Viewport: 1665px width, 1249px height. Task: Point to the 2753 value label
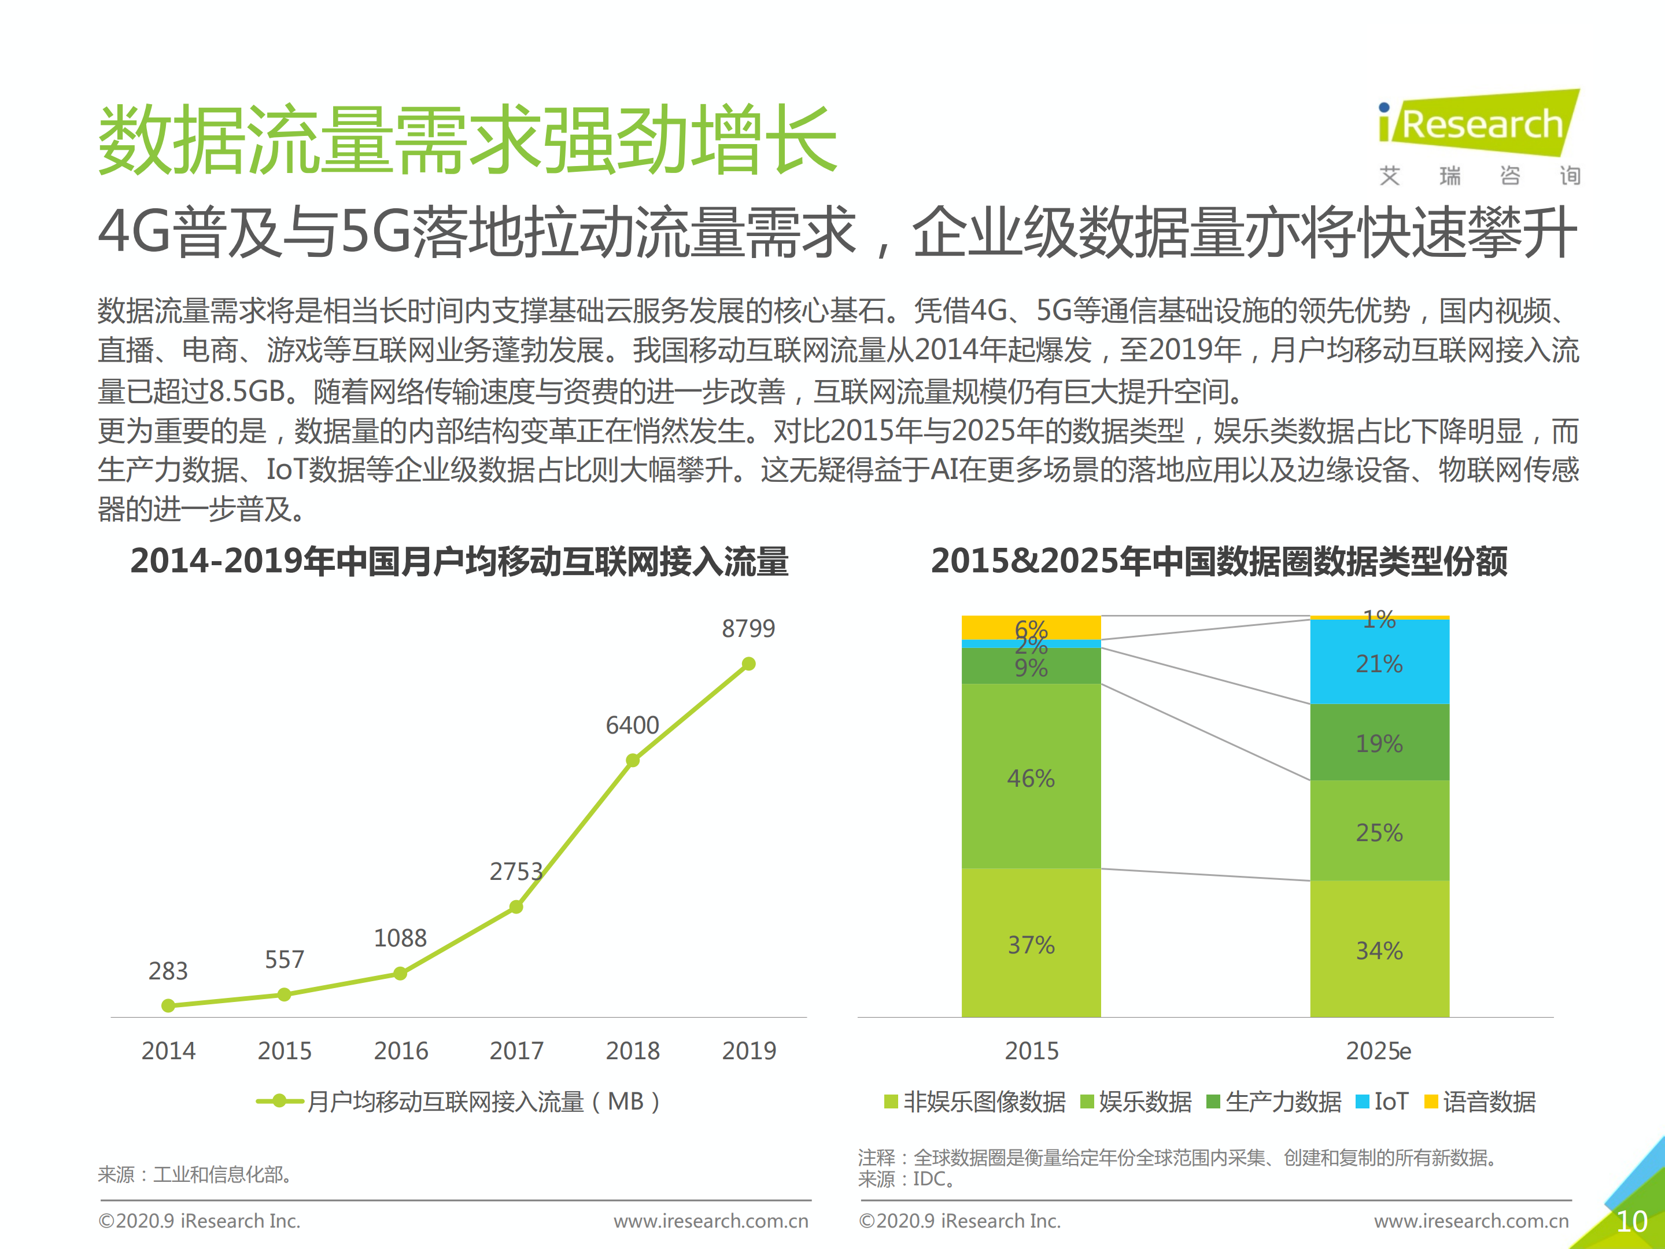516,872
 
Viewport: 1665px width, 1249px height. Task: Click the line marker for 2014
169,1006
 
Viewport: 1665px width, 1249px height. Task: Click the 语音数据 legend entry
1480,1102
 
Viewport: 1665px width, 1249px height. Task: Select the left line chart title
459,562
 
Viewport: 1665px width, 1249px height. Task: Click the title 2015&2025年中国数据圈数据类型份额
1219,562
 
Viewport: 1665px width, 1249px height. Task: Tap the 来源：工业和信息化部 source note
195,1174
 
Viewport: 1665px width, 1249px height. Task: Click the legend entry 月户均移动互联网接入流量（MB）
459,1102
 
